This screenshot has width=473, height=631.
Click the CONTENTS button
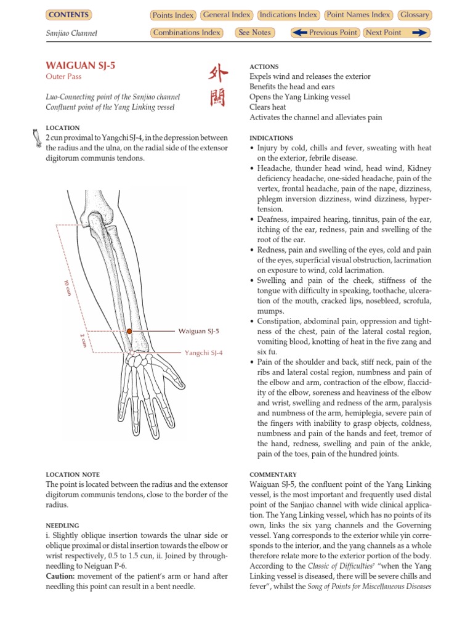[68, 15]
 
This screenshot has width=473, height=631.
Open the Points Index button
[172, 15]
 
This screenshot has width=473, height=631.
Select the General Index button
[227, 15]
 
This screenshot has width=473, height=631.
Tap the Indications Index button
[288, 15]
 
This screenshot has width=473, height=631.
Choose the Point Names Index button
[358, 15]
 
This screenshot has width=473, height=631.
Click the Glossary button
[414, 15]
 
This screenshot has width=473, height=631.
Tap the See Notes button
[254, 33]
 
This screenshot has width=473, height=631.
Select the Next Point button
[396, 33]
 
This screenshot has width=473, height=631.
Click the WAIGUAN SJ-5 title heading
[72, 65]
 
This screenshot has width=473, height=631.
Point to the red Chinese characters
[218, 86]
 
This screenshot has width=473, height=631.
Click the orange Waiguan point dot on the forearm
[129, 332]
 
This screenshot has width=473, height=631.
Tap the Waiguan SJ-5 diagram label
[198, 332]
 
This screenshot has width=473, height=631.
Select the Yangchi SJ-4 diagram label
[203, 353]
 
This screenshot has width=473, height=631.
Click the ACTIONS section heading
[264, 67]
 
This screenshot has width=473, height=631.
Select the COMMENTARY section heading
[273, 475]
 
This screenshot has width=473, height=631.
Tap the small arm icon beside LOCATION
[36, 137]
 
